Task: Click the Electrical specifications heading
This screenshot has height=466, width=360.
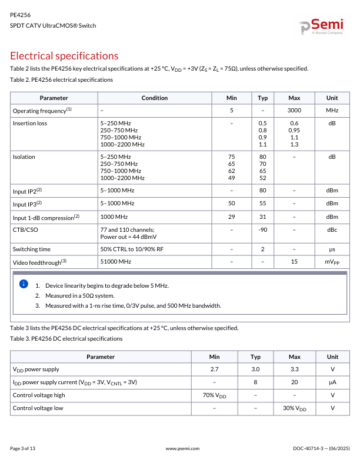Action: point(64,56)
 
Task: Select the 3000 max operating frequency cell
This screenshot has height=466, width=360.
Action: point(294,111)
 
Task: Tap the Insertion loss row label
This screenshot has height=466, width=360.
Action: point(30,123)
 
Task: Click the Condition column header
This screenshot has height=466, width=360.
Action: point(155,98)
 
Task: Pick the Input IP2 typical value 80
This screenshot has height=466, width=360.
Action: point(262,191)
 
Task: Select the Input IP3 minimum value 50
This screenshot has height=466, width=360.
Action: point(232,203)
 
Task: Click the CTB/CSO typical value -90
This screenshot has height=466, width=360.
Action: point(262,229)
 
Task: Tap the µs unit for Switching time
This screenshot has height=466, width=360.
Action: point(332,249)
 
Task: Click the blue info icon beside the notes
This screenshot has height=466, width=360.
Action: point(24,284)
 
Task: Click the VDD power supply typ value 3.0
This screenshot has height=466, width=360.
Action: point(255,370)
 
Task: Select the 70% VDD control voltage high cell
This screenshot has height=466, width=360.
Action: point(214,395)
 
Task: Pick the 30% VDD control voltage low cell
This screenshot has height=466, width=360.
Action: point(294,408)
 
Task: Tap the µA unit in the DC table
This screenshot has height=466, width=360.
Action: point(332,382)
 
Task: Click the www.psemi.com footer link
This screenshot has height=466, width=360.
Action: point(183,448)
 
